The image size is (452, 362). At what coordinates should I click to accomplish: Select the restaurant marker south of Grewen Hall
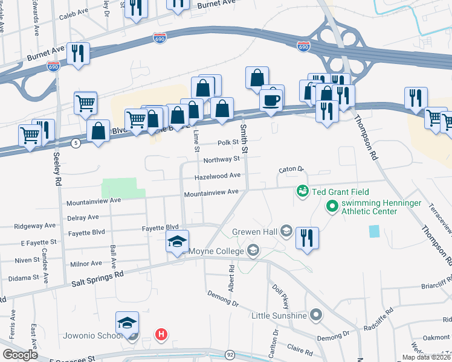point(307,237)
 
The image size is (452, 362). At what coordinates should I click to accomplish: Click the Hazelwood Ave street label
point(218,176)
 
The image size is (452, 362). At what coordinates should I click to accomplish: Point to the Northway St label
point(222,160)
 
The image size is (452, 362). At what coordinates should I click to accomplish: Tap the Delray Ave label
point(83,217)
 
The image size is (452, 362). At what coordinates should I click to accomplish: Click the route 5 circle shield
point(76,143)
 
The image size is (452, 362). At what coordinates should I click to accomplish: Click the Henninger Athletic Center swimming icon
point(331,208)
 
